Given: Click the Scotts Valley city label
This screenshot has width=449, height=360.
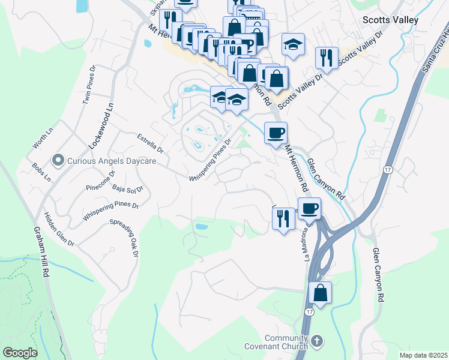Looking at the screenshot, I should point(390,20).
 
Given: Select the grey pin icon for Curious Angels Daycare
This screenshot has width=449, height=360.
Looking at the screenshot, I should point(58,160).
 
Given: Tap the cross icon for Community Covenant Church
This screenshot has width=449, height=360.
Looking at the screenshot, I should point(318,341).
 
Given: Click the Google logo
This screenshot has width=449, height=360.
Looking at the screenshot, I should point(20,353).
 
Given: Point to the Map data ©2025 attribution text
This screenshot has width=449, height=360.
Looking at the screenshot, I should point(423,355).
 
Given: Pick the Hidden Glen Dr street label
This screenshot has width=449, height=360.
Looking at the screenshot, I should point(58,229).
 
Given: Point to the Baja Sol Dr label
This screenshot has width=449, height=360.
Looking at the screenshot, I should point(128,189).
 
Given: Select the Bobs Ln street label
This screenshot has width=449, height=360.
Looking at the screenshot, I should point(41,172).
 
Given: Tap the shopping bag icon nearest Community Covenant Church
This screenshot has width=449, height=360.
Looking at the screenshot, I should point(321,293).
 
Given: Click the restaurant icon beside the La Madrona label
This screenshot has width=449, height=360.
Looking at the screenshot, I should point(283,217).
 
